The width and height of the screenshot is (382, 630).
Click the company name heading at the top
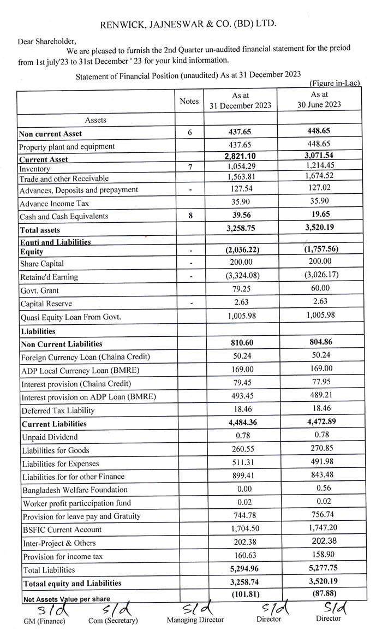(x=188, y=24)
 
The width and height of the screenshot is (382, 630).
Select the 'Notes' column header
(x=189, y=102)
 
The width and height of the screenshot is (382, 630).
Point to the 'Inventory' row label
(x=34, y=169)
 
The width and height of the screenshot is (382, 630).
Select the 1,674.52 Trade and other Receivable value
(x=319, y=178)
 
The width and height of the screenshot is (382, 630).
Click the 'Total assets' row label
(x=39, y=230)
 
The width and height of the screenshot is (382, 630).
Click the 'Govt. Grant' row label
(x=39, y=290)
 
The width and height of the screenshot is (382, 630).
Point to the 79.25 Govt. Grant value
(x=240, y=290)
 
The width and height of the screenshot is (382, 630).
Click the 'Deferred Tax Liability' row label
(x=58, y=411)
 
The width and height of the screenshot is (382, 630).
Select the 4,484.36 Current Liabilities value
(x=240, y=424)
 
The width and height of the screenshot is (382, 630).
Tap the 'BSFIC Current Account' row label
(x=62, y=530)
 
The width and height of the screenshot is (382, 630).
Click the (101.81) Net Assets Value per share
(x=240, y=595)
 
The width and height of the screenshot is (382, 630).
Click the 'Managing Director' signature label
(x=195, y=620)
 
